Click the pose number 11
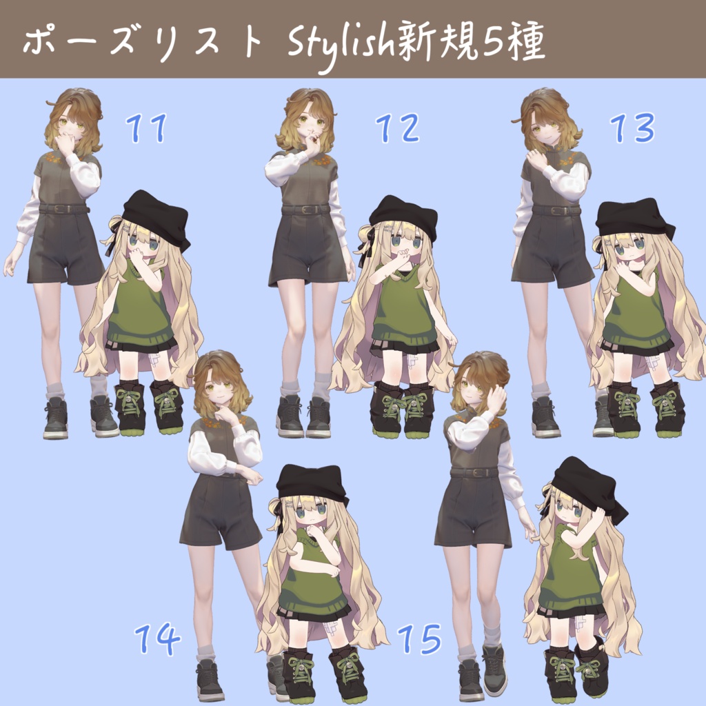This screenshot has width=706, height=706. click(x=147, y=128)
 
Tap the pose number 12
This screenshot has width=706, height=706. click(x=398, y=128)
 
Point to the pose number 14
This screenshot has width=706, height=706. click(x=157, y=639)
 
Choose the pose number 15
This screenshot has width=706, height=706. click(x=419, y=639)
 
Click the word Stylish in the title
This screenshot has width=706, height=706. click(x=341, y=46)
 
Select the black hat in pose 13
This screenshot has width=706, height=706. click(x=635, y=220)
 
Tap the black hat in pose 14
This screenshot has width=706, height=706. click(x=314, y=485)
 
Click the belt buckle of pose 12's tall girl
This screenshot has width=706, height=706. click(x=308, y=210)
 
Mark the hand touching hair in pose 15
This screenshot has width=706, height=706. click(x=496, y=399)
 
